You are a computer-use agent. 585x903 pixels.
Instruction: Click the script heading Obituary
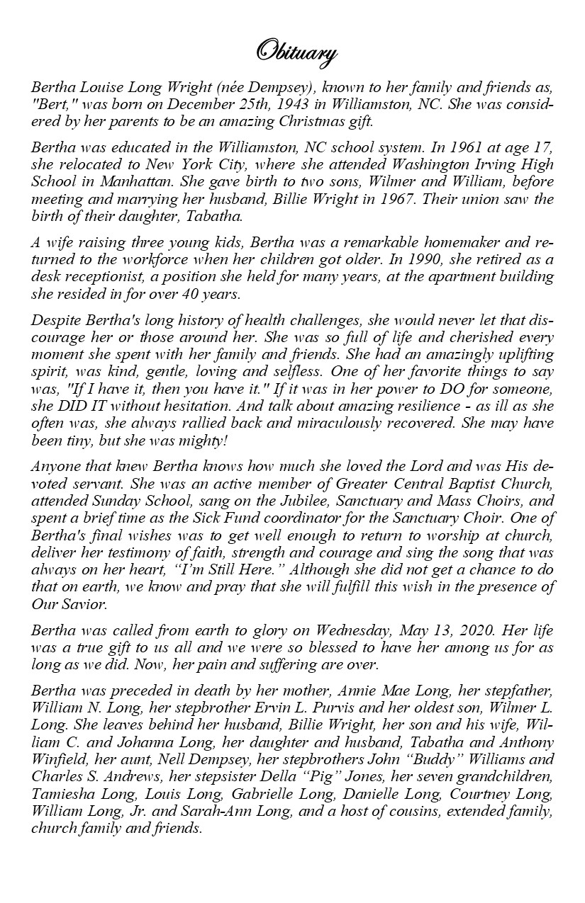click(296, 53)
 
